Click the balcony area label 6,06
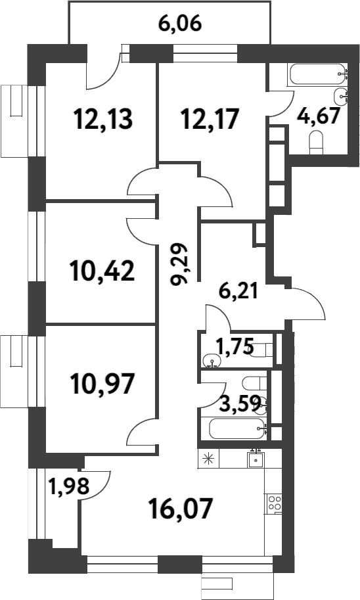tap(179, 24)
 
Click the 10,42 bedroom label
tap(102, 270)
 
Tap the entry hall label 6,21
tap(238, 292)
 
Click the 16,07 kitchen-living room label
tap(181, 508)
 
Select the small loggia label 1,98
tap(69, 486)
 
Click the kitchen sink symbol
tap(256, 459)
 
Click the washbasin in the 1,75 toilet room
tap(210, 360)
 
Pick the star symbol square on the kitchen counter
tap(208, 459)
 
